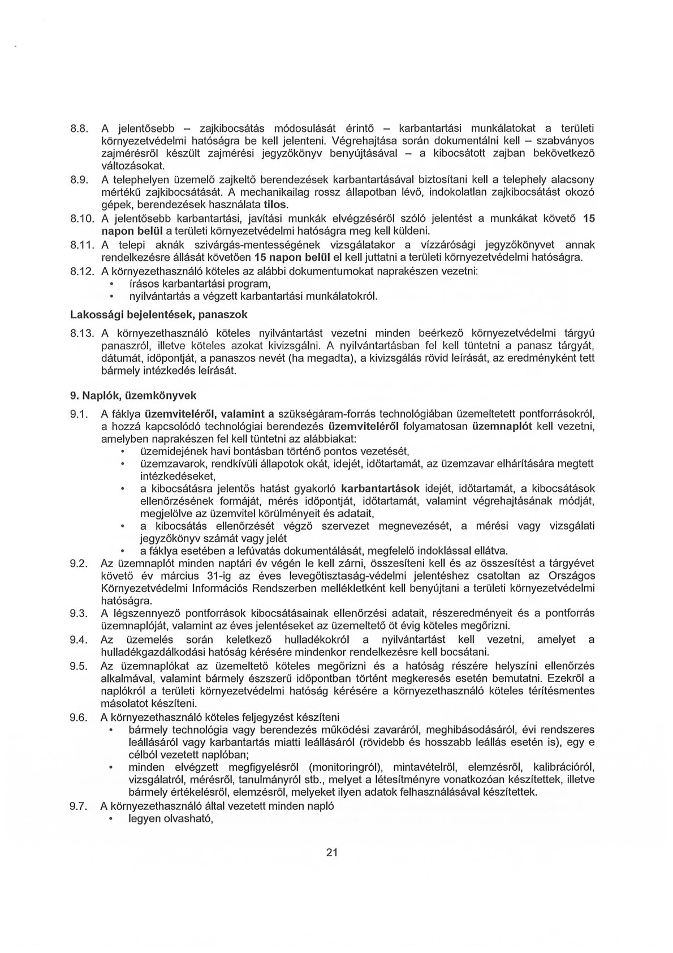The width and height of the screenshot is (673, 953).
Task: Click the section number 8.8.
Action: tap(78, 128)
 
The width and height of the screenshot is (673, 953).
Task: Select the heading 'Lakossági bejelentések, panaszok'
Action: tap(158, 314)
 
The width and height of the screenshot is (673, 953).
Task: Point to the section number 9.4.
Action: tap(77, 639)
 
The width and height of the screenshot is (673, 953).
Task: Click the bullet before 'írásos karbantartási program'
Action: tap(111, 284)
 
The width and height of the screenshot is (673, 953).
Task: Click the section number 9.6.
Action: tap(77, 717)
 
